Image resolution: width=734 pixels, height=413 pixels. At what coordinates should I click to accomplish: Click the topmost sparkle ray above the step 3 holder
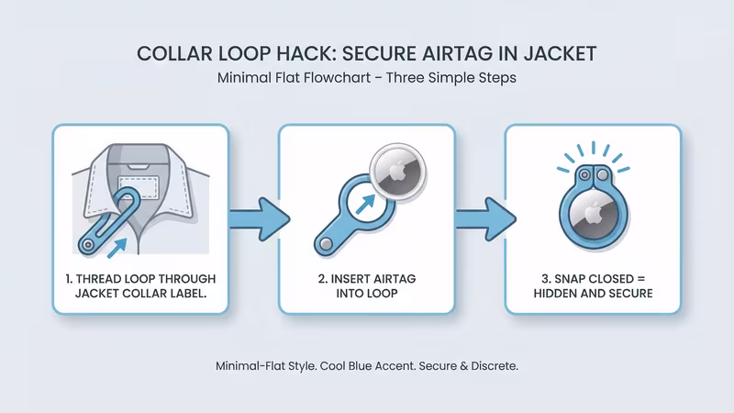pyautogui.click(x=594, y=144)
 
